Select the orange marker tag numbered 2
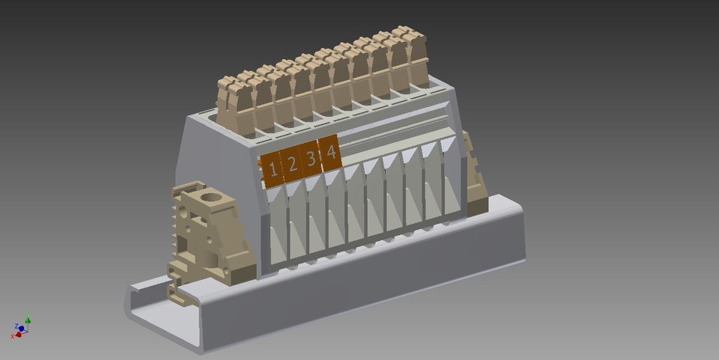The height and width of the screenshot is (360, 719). (x=292, y=165)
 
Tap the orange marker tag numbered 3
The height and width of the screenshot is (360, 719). (x=311, y=159)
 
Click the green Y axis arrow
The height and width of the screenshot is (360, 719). (x=28, y=320)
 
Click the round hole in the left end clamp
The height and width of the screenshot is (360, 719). (x=213, y=199)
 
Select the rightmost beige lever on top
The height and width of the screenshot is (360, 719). (x=410, y=56)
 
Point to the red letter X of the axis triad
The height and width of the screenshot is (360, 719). (x=12, y=337)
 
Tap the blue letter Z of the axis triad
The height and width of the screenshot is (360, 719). (x=16, y=326)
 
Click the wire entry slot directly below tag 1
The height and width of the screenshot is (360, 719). (x=276, y=225)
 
